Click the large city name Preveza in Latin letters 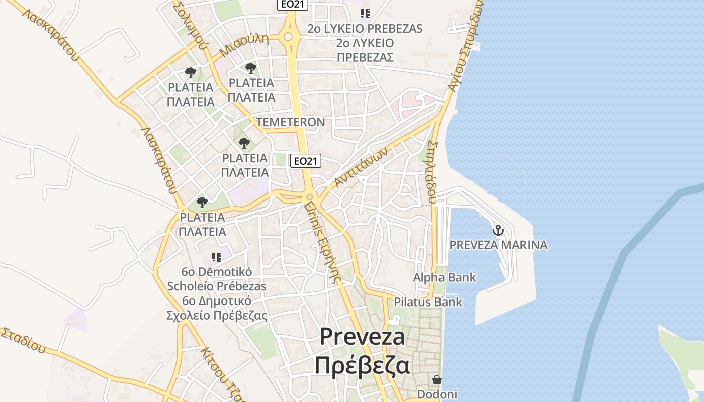coord(362,337)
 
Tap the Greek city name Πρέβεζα coord(362,366)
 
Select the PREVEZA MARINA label coord(498,245)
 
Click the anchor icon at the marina coord(498,231)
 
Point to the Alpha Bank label coord(445,277)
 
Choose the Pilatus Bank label coord(428,302)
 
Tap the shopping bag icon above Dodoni coord(437,380)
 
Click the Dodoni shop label coord(437,394)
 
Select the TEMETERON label coord(291,122)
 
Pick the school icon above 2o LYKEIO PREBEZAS coord(365,14)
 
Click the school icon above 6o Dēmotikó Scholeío coord(216,257)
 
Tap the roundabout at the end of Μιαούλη coord(288,37)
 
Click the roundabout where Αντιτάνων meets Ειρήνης coord(310,197)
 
